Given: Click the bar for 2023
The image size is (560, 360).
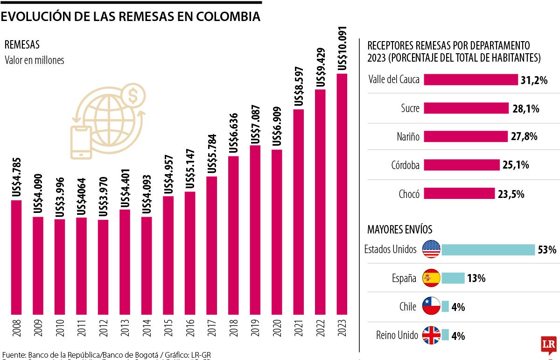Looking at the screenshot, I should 342,194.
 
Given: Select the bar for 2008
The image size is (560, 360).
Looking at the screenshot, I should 16,257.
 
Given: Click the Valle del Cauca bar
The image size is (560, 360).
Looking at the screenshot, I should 471,80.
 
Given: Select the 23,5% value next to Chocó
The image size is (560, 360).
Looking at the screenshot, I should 511,194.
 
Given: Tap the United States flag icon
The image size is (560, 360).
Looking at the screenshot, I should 431,250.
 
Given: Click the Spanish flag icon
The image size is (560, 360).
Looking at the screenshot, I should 431,278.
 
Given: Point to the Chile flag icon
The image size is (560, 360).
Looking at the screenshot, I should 431,307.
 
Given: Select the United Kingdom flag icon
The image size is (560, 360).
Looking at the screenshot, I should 431,335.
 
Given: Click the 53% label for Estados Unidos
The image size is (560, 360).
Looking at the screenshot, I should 547,250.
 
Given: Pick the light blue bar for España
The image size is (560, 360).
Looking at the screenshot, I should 453,278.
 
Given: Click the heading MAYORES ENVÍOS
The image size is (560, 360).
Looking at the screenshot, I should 399,230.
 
